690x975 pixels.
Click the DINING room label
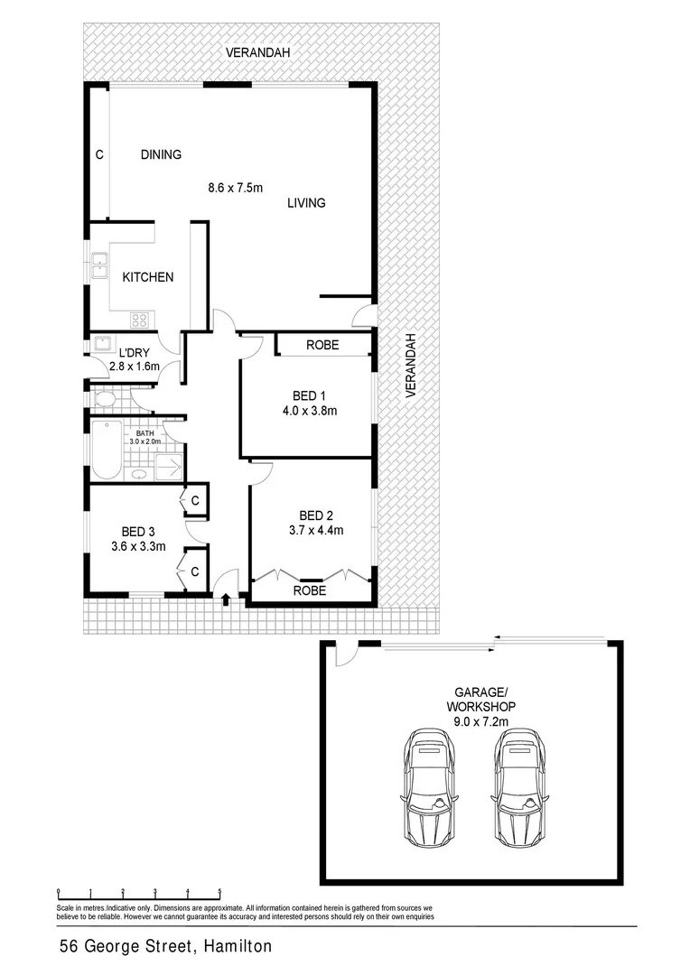(x=161, y=154)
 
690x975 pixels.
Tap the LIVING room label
(x=306, y=203)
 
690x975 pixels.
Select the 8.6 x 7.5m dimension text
(x=234, y=188)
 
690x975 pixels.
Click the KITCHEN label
(x=148, y=277)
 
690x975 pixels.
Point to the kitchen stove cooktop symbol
(x=140, y=319)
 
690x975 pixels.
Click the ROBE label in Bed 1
(x=322, y=345)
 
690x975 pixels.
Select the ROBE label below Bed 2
(x=310, y=591)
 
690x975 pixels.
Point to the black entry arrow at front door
(x=225, y=599)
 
